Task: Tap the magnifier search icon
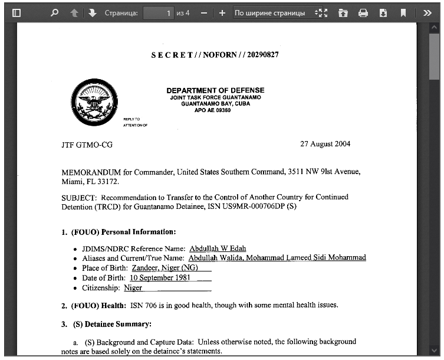tap(55, 12)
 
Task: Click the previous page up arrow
tap(74, 12)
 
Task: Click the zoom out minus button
tap(204, 12)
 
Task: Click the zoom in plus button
tap(222, 12)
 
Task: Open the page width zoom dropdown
tap(277, 12)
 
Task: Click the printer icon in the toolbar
tap(363, 12)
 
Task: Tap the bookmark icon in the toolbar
tap(403, 12)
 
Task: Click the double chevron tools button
tap(427, 12)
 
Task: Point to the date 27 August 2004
tap(325, 144)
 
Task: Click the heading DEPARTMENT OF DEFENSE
tap(215, 90)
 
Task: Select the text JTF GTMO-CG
tap(87, 145)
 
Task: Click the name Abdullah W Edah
tap(218, 248)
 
